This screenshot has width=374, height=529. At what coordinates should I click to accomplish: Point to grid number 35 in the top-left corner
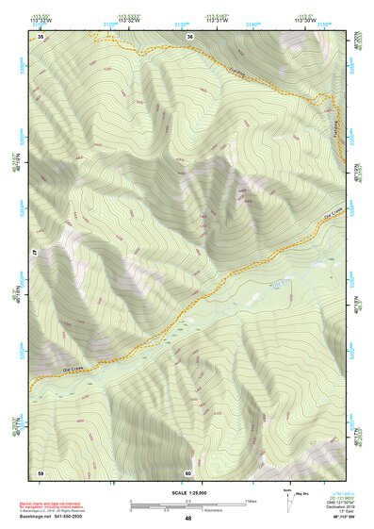tap(41, 36)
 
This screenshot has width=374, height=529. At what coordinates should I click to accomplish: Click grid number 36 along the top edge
tap(189, 36)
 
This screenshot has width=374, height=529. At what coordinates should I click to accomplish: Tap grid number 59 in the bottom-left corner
tap(41, 471)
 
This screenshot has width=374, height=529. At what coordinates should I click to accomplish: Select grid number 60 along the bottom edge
tap(188, 471)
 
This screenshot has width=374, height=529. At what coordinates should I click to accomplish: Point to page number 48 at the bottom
tap(187, 519)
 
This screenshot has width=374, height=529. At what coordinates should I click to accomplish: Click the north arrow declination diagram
tap(287, 498)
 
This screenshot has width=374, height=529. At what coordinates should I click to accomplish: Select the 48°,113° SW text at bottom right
tap(340, 519)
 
